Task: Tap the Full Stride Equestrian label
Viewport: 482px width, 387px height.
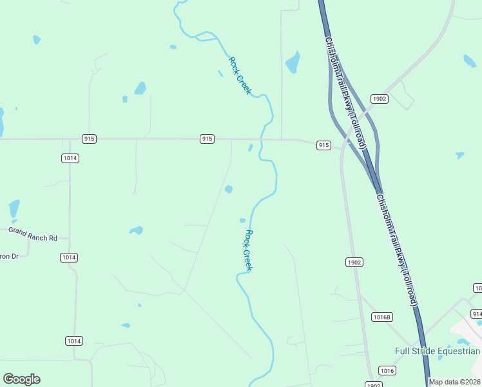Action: coord(438,352)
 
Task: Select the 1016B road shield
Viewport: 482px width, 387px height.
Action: coord(382,317)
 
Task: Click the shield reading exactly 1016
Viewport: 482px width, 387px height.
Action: coord(387,370)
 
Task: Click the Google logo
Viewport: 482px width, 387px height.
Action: coord(21,379)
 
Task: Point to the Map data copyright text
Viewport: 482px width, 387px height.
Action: coord(455,382)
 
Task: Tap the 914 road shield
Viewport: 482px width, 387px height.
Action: coord(477,313)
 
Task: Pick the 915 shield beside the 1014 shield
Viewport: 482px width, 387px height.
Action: coord(89,139)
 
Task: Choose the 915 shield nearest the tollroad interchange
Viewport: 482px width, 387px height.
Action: coord(323,146)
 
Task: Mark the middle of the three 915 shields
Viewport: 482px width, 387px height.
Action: coord(206,139)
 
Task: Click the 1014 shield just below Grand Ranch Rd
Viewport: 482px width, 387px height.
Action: coord(69,257)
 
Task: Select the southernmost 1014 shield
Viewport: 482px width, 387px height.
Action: coord(73,341)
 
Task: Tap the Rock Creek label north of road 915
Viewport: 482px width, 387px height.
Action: coord(239,75)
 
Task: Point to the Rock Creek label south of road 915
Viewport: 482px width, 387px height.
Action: coord(248,250)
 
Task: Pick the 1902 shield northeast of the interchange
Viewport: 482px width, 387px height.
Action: coord(379,98)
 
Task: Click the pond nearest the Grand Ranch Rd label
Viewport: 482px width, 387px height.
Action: coord(14,209)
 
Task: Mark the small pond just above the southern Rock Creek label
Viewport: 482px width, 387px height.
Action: coord(242,220)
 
